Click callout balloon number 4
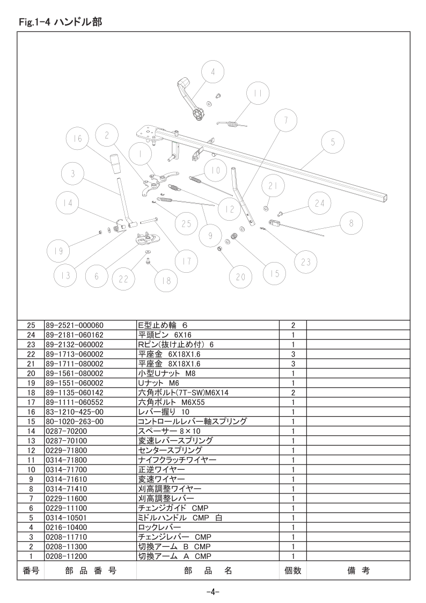213,71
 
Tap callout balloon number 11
258,93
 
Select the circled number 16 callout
77,139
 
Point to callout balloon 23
306,262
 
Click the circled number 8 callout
351,223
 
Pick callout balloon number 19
58,251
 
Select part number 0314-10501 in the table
66,518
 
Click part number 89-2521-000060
75,325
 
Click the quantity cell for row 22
293,354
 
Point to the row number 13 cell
31,441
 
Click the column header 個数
293,571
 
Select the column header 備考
358,571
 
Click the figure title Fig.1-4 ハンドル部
60,21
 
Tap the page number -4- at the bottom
212,592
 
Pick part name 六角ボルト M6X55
171,402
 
